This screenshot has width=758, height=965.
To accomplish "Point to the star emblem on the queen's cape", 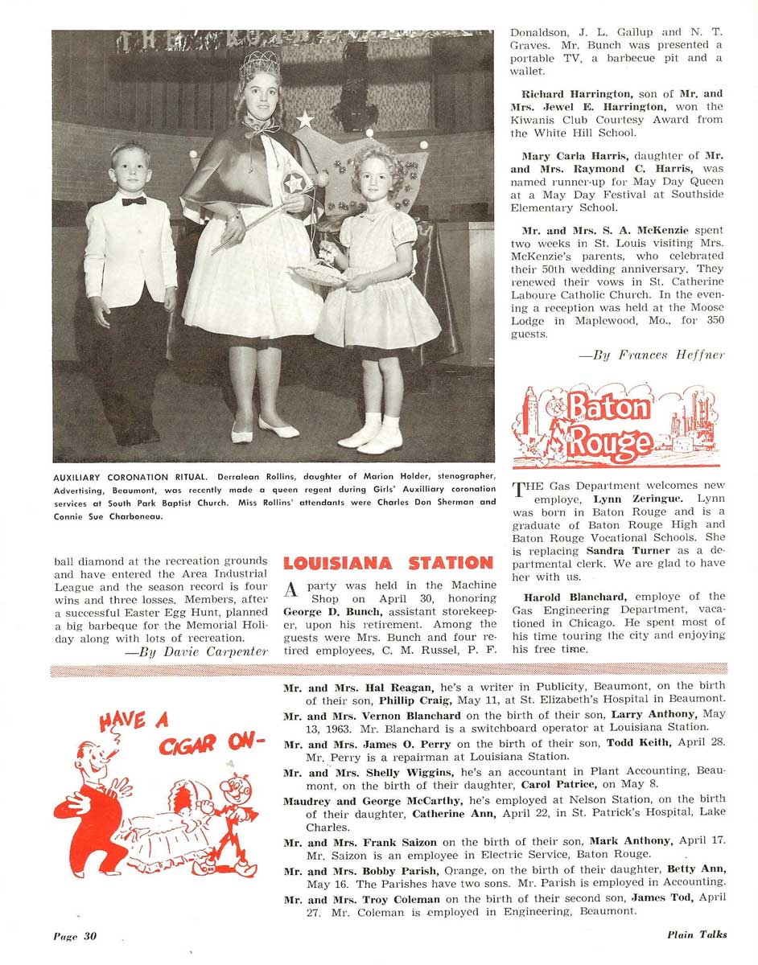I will (295, 183).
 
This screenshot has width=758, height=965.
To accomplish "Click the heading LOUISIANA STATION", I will (388, 563).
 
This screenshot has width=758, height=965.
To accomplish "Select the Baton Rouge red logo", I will (617, 426).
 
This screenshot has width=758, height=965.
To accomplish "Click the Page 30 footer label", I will (75, 935).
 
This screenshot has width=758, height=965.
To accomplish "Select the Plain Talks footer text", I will (697, 934).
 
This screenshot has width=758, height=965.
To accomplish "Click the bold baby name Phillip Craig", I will (413, 700).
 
